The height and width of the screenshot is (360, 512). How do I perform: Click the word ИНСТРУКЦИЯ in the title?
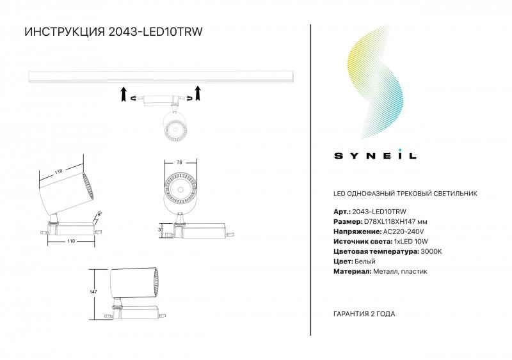tap(65, 32)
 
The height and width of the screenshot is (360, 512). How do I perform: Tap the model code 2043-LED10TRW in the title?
tap(155, 32)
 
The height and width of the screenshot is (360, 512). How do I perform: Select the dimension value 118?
tap(58, 171)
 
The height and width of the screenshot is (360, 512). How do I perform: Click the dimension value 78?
tap(179, 162)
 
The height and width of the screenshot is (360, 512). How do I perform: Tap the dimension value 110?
tap(71, 241)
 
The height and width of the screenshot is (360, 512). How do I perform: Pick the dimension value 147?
tap(93, 292)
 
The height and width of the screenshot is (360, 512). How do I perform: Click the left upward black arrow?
tap(124, 94)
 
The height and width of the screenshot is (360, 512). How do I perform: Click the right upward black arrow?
tap(197, 93)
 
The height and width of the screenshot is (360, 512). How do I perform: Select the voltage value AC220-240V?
tap(403, 231)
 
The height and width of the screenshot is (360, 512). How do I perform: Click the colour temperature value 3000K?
tap(431, 252)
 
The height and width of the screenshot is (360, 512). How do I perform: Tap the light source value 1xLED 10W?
tap(411, 242)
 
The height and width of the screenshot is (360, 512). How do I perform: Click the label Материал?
tap(353, 272)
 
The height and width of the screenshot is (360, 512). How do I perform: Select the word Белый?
tap(365, 262)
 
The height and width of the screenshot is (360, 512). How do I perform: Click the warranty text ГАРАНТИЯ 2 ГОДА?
tap(364, 314)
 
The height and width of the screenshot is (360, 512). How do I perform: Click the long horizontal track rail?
tap(162, 76)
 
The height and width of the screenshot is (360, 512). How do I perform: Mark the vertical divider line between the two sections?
tap(310, 180)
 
